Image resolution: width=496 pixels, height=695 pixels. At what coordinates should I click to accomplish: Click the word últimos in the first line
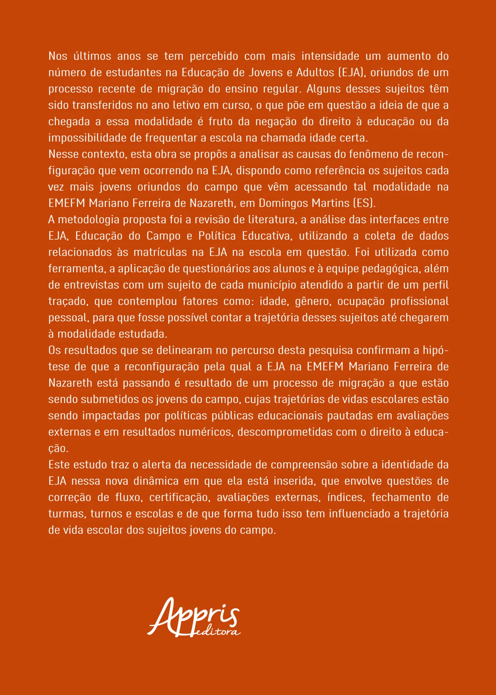tap(92, 56)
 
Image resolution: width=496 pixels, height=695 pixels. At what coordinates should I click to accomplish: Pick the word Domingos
tap(281, 203)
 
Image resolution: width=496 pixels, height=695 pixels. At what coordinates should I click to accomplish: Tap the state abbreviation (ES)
tap(364, 203)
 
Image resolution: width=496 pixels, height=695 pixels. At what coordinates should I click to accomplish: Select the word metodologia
tap(89, 220)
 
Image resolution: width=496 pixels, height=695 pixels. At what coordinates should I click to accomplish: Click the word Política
tap(217, 236)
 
